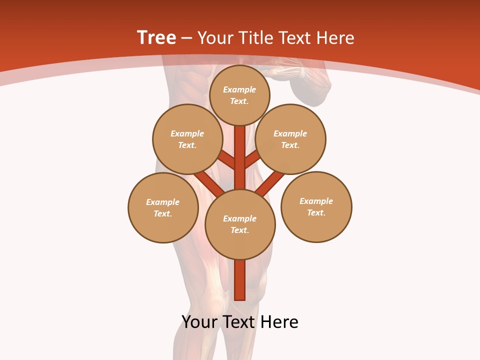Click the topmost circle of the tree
point(239,95)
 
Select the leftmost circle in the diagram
point(163,207)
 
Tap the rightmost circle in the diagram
point(316,206)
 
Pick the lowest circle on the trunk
point(240,224)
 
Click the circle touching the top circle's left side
point(187,139)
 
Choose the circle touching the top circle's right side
point(290,139)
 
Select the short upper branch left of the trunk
point(228,160)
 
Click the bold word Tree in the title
point(156,37)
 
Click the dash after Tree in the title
point(187,38)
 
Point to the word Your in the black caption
point(199,322)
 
